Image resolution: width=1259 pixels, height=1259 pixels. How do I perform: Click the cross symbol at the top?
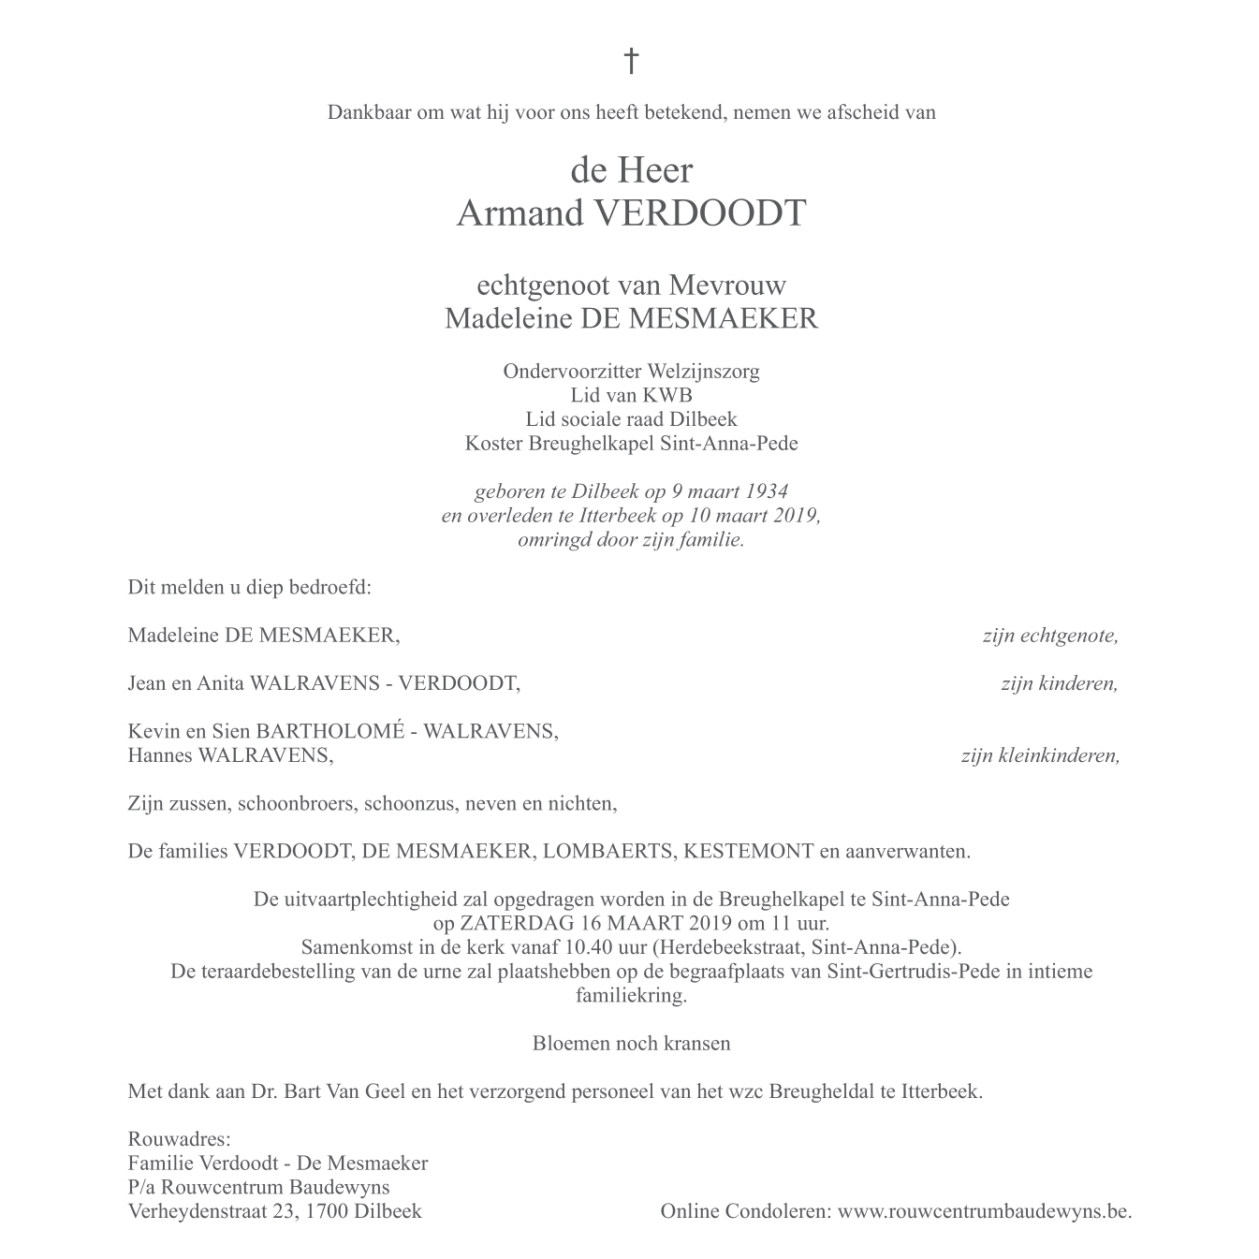pyautogui.click(x=631, y=62)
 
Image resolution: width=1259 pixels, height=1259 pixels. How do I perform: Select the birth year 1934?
pyautogui.click(x=763, y=491)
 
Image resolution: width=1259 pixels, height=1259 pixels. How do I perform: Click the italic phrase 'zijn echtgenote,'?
pyautogui.click(x=1049, y=637)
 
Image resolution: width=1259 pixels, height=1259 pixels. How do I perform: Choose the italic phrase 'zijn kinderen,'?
pyautogui.click(x=1059, y=683)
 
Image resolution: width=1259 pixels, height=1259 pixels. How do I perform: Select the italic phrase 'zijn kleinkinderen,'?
pyautogui.click(x=1040, y=755)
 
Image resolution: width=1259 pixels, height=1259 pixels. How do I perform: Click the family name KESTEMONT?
pyautogui.click(x=749, y=852)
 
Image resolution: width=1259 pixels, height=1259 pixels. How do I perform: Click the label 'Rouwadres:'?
pyautogui.click(x=179, y=1139)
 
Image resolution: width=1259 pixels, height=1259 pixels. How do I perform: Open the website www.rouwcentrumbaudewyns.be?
pyautogui.click(x=984, y=1211)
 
